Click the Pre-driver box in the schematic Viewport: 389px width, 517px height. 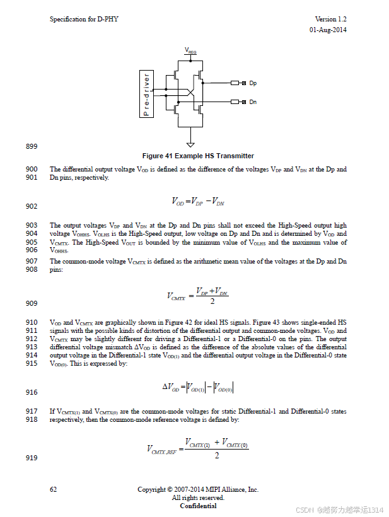pyautogui.click(x=146, y=94)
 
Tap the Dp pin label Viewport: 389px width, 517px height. pyautogui.click(x=253, y=83)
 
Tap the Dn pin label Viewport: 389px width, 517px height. pyautogui.click(x=253, y=102)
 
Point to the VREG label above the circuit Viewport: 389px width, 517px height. pyautogui.click(x=190, y=50)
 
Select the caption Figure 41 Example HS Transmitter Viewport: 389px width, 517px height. pyautogui.click(x=198, y=156)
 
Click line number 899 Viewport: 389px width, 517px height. pyautogui.click(x=32, y=147)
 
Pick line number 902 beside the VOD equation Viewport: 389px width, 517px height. pyautogui.click(x=32, y=206)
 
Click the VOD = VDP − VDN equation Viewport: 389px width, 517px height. pyautogui.click(x=198, y=202)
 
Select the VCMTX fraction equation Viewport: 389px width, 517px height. pyautogui.click(x=198, y=296)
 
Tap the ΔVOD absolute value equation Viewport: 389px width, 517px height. pyautogui.click(x=198, y=387)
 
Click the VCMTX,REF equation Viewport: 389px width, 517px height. pyautogui.click(x=198, y=448)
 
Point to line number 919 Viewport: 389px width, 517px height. pyautogui.click(x=32, y=458)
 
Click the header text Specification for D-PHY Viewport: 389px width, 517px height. pyautogui.click(x=84, y=20)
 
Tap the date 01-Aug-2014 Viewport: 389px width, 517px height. pyautogui.click(x=327, y=30)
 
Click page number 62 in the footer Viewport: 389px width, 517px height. pyautogui.click(x=54, y=489)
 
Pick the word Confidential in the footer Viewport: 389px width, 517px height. pyautogui.click(x=198, y=506)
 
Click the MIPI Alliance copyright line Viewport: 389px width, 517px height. pyautogui.click(x=198, y=489)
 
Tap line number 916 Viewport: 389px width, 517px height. pyautogui.click(x=32, y=392)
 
